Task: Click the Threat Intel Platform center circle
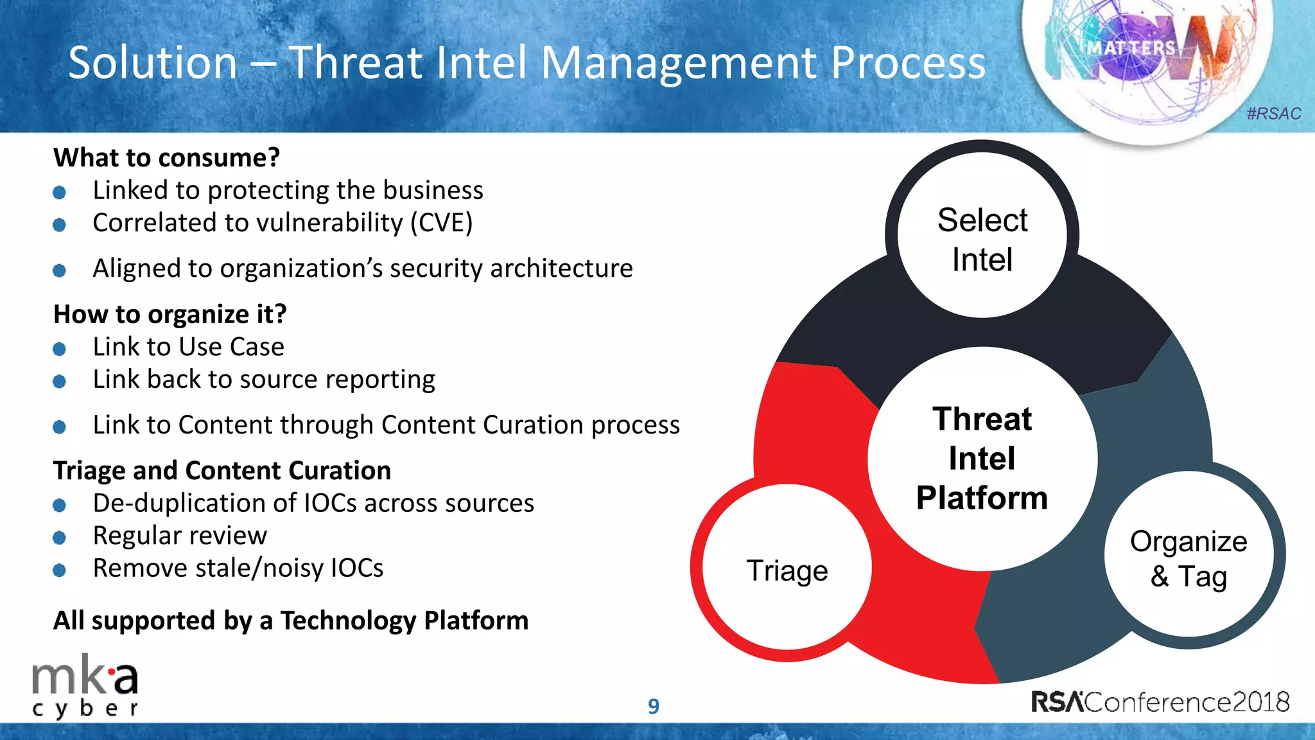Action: click(982, 459)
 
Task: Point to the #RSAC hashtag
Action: click(1273, 114)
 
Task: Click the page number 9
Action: click(653, 706)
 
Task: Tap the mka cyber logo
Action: click(85, 690)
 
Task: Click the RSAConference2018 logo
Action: click(1160, 701)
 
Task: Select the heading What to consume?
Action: click(166, 157)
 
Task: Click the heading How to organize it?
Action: click(170, 314)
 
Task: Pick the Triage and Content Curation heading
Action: click(222, 470)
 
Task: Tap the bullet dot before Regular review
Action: click(59, 538)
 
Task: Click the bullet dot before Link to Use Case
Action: click(59, 349)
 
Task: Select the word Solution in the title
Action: click(153, 63)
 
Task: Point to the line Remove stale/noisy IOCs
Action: click(238, 568)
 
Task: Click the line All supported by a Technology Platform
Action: click(290, 621)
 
